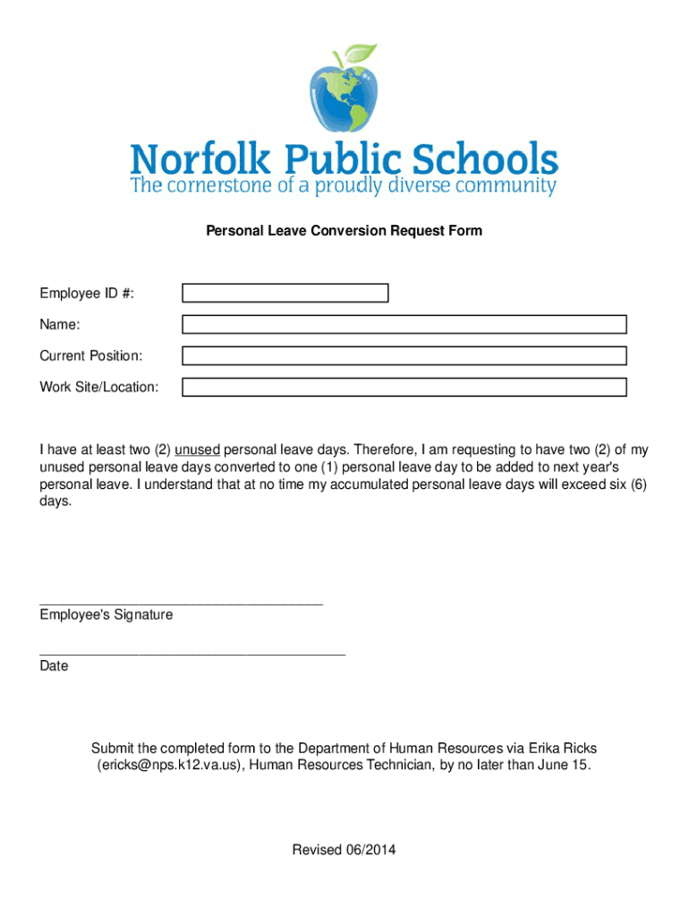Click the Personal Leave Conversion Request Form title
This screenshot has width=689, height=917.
click(344, 231)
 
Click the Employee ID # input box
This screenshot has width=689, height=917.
click(285, 293)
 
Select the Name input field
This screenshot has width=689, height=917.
click(404, 324)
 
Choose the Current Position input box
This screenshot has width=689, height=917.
click(404, 356)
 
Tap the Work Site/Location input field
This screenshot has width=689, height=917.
click(404, 387)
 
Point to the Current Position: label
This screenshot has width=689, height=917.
click(90, 356)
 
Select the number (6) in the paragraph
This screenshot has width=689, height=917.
click(636, 484)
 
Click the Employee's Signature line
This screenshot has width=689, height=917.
click(181, 604)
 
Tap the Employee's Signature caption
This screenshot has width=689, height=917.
click(106, 615)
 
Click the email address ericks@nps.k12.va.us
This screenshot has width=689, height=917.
click(168, 766)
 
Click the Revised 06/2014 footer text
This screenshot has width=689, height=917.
click(344, 849)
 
